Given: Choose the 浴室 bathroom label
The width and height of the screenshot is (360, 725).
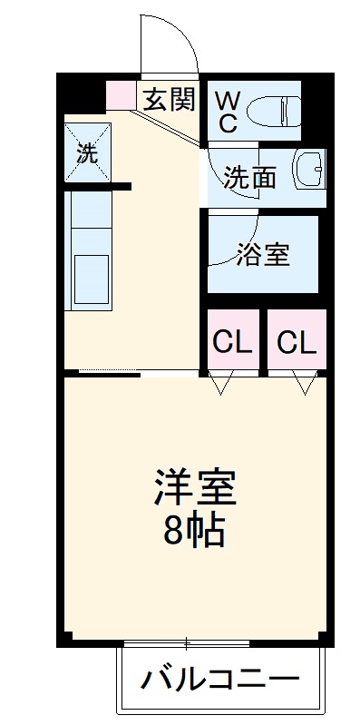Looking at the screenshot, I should pyautogui.click(x=263, y=255).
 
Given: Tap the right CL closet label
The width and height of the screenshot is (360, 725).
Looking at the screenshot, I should pyautogui.click(x=297, y=342).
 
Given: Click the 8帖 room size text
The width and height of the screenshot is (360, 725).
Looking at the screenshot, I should pyautogui.click(x=194, y=530).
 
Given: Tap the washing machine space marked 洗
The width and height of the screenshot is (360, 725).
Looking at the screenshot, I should pyautogui.click(x=86, y=152).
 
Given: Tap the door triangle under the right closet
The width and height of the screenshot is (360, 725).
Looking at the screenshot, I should pyautogui.click(x=305, y=384).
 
